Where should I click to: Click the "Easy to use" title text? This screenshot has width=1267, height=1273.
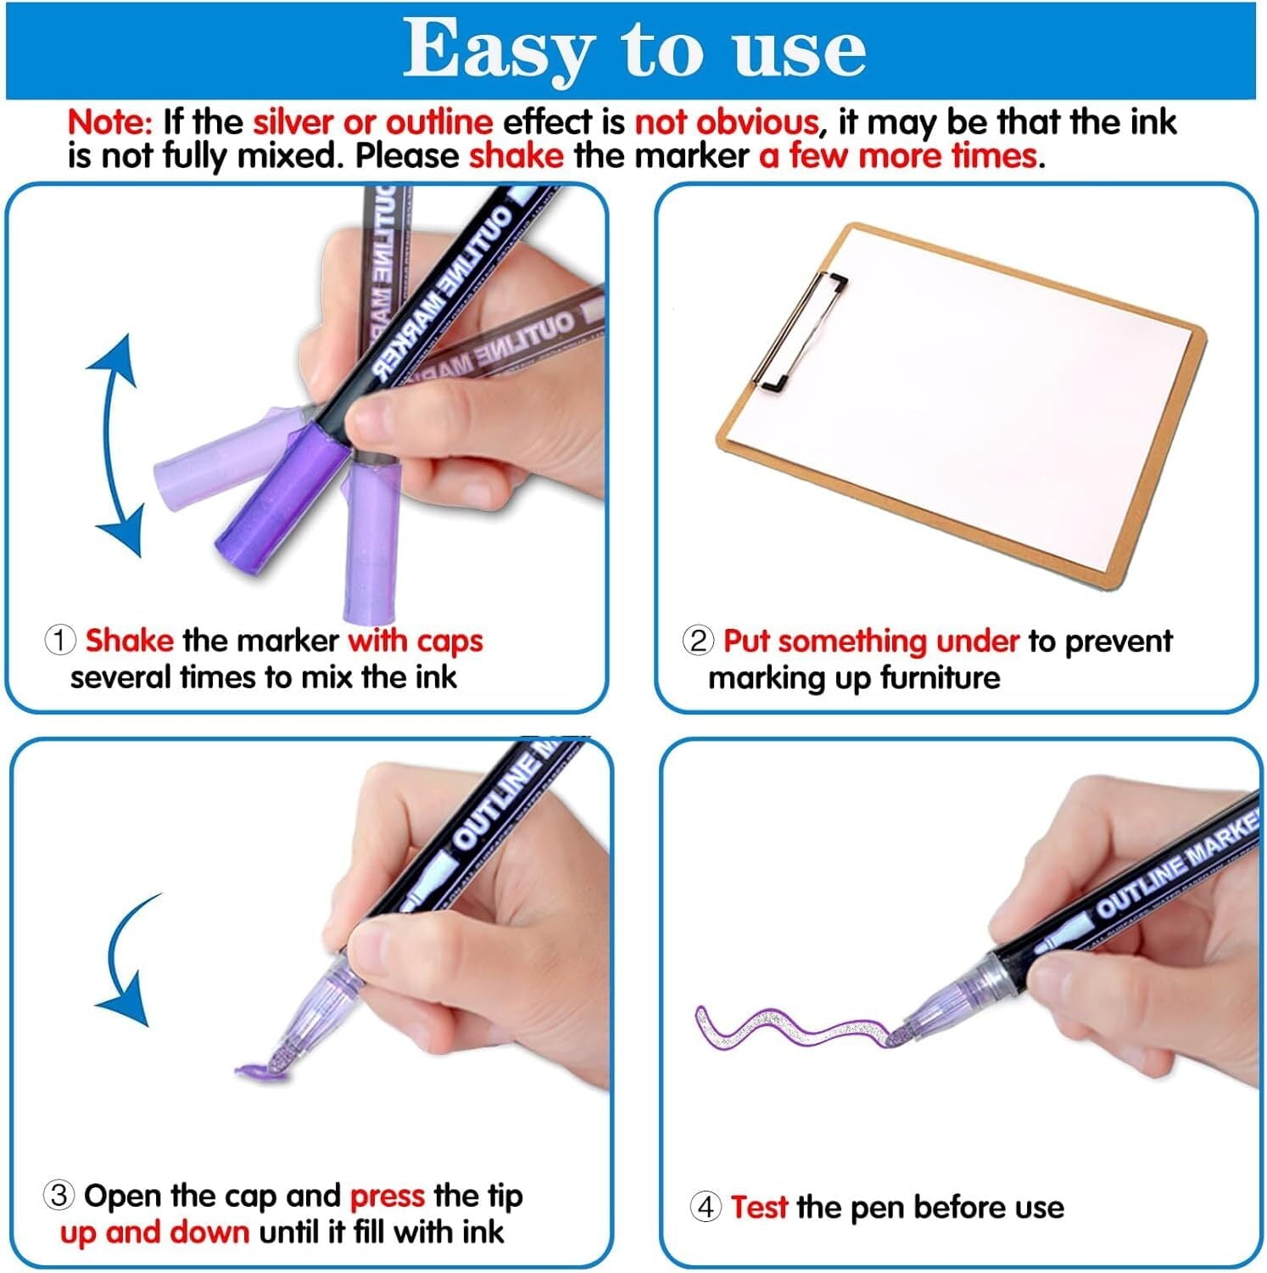[633, 49]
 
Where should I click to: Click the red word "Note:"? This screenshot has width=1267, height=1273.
[109, 122]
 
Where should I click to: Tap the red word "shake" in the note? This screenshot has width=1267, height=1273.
[516, 156]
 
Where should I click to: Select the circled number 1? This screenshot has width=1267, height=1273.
[59, 641]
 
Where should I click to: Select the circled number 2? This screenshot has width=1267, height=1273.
[697, 641]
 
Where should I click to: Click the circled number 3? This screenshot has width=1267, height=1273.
[59, 1196]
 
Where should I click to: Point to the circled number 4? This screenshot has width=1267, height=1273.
[706, 1207]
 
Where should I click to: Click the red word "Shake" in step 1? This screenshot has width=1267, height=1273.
[129, 641]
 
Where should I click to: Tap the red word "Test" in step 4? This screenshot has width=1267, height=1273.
[759, 1207]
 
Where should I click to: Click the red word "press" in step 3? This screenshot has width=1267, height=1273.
[387, 1196]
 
